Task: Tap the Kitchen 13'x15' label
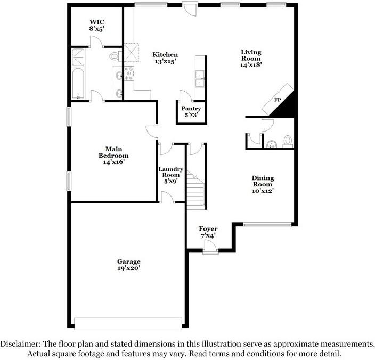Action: (x=165, y=58)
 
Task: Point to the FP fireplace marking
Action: (x=278, y=100)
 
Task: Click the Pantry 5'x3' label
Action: (x=191, y=112)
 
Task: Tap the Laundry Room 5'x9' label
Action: (x=171, y=175)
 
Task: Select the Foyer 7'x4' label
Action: (x=208, y=232)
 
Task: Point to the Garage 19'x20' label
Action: (x=129, y=265)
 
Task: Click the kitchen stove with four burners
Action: (x=128, y=73)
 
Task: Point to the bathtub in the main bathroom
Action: (x=78, y=84)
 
